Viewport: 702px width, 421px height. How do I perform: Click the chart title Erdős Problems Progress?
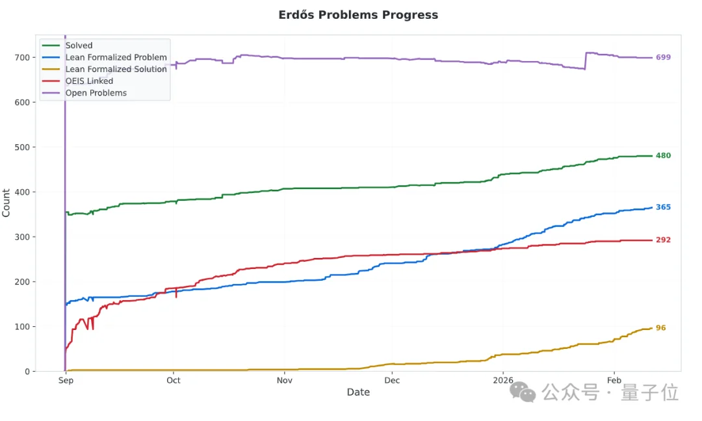point(358,15)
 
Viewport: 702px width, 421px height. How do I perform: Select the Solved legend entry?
point(79,45)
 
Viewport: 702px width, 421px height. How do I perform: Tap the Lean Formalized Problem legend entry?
point(116,57)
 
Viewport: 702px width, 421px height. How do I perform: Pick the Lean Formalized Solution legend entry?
point(116,69)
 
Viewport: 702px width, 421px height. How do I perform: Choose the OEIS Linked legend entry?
point(89,81)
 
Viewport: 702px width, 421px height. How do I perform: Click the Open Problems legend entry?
point(96,93)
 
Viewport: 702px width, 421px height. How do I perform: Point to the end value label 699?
point(663,58)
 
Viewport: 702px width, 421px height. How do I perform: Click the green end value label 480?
point(663,156)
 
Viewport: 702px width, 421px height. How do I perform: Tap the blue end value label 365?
point(663,207)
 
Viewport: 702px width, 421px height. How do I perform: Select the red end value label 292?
point(663,240)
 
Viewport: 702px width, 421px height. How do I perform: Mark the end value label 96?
point(660,328)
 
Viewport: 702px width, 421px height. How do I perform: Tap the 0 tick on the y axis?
point(28,372)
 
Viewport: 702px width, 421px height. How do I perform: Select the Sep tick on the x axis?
point(65,381)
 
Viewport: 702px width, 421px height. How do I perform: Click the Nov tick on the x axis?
point(284,381)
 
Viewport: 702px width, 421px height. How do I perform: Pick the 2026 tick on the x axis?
point(502,381)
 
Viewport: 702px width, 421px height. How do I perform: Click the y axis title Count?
point(6,203)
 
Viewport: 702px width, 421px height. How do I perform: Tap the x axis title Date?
point(358,392)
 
